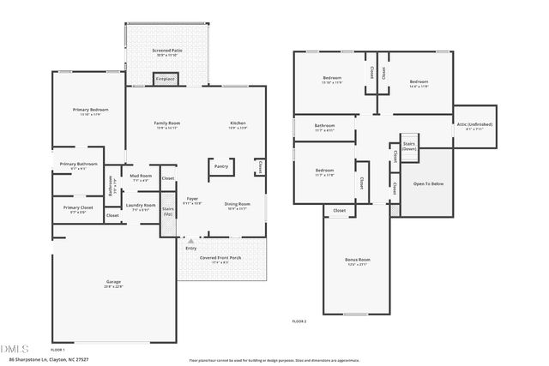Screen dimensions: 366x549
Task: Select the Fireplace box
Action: pyautogui.click(x=165, y=79)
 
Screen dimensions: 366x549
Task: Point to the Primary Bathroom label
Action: pyautogui.click(x=78, y=164)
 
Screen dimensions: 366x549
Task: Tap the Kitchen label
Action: pyautogui.click(x=238, y=123)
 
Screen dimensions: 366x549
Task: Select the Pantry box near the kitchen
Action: pyautogui.click(x=220, y=166)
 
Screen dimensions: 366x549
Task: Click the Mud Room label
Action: pyautogui.click(x=141, y=176)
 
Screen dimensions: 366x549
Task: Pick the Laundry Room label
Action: pyautogui.click(x=141, y=205)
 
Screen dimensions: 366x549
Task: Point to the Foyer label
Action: pyautogui.click(x=193, y=199)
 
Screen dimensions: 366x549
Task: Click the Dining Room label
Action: pyautogui.click(x=237, y=203)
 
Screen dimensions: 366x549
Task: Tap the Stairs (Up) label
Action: pyautogui.click(x=168, y=210)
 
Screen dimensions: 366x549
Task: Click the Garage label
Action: pyautogui.click(x=113, y=282)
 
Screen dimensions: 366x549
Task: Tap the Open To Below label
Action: pyautogui.click(x=428, y=183)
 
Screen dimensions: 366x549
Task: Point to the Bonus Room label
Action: pyautogui.click(x=358, y=260)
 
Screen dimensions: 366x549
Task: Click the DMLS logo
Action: pyautogui.click(x=15, y=348)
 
